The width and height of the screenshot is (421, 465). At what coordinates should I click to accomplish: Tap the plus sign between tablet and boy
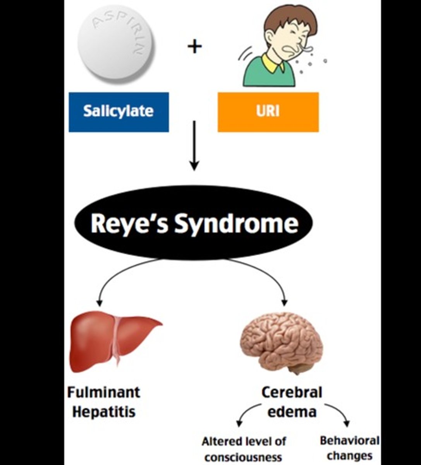pyautogui.click(x=194, y=47)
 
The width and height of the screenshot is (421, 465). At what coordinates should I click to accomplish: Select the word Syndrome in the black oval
pyautogui.click(x=236, y=224)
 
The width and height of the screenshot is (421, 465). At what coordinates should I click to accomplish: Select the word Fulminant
pyautogui.click(x=103, y=392)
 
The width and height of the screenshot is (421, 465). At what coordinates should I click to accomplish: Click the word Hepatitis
pyautogui.click(x=104, y=412)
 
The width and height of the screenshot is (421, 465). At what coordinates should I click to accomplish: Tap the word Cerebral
pyautogui.click(x=292, y=392)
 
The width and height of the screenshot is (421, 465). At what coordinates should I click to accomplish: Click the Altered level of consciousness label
pyautogui.click(x=244, y=449)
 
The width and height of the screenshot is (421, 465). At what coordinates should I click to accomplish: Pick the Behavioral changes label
pyautogui.click(x=349, y=448)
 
